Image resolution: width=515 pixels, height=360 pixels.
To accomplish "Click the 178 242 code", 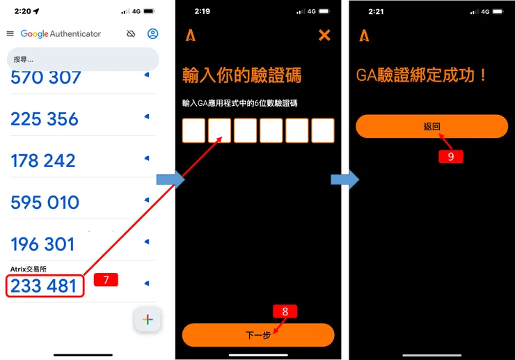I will click(x=43, y=161).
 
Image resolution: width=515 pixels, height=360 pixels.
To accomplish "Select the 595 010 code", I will click(x=45, y=203).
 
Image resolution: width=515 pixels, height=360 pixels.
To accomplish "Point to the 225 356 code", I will click(x=45, y=119).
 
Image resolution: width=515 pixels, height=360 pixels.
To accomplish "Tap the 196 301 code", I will click(x=42, y=244).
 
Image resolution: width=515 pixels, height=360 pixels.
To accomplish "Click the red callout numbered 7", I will click(x=106, y=280).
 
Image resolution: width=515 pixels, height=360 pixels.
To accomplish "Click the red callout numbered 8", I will click(x=285, y=311).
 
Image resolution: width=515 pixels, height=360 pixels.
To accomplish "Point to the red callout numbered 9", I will click(x=450, y=157).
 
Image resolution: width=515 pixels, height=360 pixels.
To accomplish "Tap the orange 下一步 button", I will click(x=258, y=335).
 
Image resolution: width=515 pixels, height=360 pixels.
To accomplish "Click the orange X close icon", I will click(x=324, y=36).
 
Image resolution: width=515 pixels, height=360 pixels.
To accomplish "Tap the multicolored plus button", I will click(x=148, y=320).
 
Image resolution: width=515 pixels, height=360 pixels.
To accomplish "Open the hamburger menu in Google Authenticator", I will click(x=10, y=34).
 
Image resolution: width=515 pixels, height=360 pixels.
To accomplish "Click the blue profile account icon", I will click(x=153, y=34).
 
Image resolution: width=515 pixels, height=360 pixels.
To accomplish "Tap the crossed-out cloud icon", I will click(x=130, y=34).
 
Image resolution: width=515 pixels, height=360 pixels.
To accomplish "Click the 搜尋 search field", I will click(x=82, y=59).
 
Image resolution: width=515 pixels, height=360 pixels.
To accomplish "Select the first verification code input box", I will click(x=194, y=130).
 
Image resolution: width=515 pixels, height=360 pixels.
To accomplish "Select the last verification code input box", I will click(x=323, y=130).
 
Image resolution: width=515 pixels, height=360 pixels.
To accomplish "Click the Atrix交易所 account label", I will click(x=29, y=269).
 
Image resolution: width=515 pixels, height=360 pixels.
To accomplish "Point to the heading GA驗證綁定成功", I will click(x=422, y=75).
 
